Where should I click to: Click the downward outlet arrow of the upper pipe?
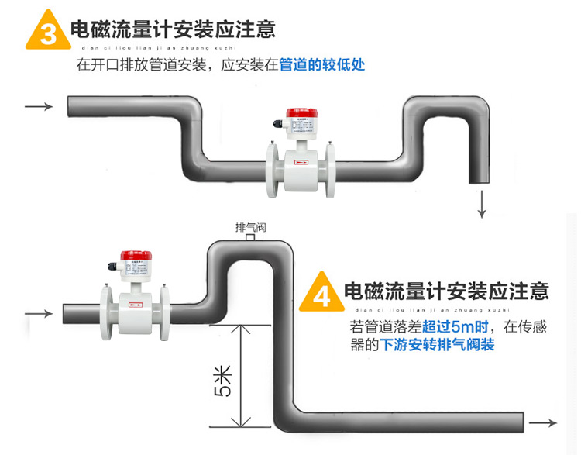(x=482, y=203)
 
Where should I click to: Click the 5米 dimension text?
(x=222, y=380)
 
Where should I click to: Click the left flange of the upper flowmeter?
(x=275, y=165)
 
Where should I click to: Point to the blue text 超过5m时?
(x=449, y=327)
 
